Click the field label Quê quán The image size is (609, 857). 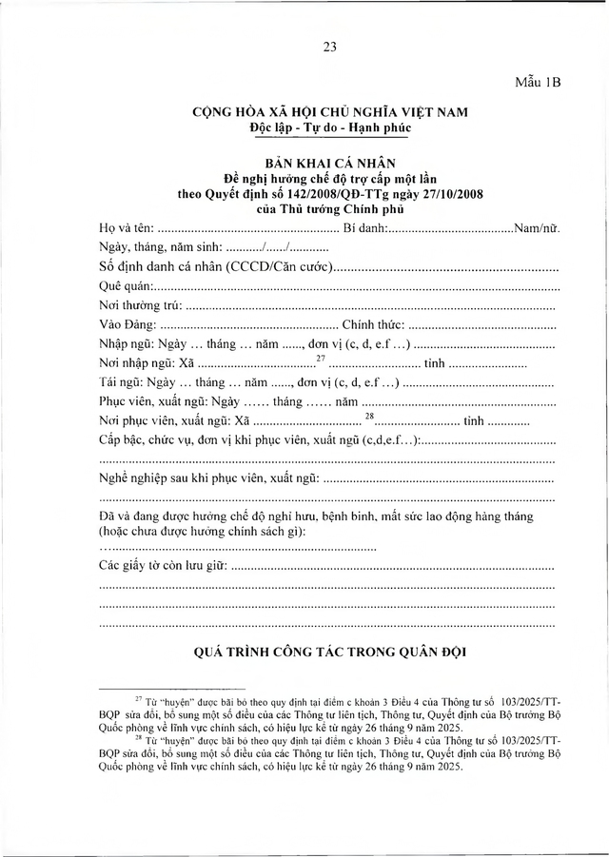(x=125, y=286)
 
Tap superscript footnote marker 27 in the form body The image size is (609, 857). (x=321, y=359)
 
